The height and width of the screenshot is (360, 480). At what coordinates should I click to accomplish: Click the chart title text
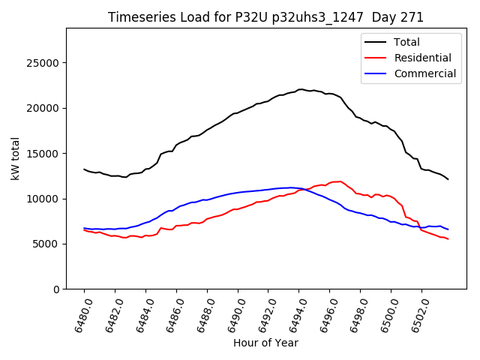(265, 17)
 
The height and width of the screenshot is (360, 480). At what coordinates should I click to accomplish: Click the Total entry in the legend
(408, 42)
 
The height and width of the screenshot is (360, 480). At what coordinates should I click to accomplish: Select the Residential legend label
(423, 58)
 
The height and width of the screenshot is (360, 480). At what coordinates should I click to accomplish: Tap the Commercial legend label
(424, 73)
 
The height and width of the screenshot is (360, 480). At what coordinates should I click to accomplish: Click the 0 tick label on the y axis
(57, 289)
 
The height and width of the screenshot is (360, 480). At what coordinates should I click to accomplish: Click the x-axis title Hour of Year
(265, 343)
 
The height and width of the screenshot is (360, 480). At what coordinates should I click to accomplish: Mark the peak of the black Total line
(301, 89)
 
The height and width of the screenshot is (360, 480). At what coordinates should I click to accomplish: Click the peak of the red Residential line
(339, 181)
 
